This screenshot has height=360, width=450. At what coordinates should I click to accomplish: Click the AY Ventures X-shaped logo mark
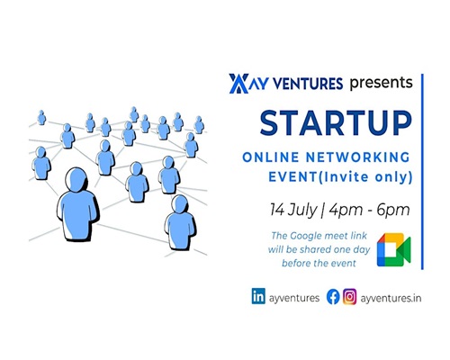click(238, 84)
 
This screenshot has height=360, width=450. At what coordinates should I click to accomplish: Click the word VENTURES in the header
click(309, 84)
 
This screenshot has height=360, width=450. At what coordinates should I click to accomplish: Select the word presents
click(381, 83)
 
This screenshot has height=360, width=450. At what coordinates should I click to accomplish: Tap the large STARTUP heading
click(336, 123)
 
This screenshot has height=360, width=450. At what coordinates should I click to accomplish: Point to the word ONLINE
click(271, 157)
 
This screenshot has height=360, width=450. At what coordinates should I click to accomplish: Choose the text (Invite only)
click(364, 177)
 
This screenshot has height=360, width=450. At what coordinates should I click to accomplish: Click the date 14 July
click(293, 210)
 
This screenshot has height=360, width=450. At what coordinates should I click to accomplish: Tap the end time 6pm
click(393, 210)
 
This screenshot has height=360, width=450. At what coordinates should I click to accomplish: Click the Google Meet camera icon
click(393, 249)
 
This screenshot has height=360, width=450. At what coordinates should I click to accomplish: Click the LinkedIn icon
click(258, 296)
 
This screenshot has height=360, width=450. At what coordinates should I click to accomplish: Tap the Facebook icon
click(333, 297)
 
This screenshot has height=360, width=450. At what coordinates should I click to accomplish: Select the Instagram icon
click(350, 296)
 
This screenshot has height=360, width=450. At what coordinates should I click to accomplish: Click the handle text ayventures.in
click(391, 298)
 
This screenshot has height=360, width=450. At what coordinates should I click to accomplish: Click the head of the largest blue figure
click(76, 179)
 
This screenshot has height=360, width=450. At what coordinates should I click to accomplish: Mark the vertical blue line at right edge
click(422, 172)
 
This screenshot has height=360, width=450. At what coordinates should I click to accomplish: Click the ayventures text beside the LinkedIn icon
click(294, 298)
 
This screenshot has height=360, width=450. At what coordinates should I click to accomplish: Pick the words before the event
click(319, 264)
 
